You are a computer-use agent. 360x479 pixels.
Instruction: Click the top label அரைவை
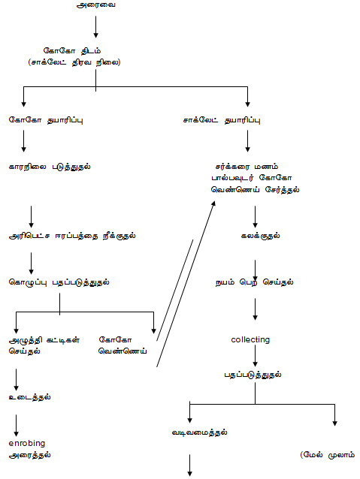[95, 5]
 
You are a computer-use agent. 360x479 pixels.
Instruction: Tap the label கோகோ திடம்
[72, 51]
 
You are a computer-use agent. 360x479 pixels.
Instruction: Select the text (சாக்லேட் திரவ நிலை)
[74, 62]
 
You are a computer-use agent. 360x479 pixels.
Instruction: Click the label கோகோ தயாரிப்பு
[46, 120]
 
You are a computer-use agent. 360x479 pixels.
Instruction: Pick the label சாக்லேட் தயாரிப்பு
[222, 120]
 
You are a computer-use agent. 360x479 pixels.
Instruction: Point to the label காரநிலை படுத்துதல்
[50, 167]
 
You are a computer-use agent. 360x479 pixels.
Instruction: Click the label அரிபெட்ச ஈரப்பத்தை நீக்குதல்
[72, 236]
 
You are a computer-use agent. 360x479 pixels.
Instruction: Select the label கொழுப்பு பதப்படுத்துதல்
[59, 282]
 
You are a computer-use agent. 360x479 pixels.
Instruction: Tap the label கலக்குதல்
[260, 236]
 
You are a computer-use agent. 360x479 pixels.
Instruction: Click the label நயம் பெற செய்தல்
[254, 282]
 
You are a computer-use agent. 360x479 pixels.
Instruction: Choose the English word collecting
[250, 339]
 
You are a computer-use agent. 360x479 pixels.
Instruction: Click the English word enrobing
[27, 443]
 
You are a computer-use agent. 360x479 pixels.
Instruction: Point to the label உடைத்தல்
[30, 397]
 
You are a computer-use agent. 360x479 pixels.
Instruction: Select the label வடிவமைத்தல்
[199, 432]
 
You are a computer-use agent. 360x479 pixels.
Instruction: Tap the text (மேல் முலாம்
[327, 455]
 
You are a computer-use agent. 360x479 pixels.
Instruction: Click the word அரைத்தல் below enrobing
[29, 455]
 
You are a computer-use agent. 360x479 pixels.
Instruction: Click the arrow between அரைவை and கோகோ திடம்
[95, 27]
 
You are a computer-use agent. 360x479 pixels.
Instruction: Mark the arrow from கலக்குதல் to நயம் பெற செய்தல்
[255, 270]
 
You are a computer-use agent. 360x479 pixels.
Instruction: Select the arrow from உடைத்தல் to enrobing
[17, 426]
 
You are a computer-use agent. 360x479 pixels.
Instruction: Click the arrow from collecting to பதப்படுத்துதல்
[255, 356]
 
